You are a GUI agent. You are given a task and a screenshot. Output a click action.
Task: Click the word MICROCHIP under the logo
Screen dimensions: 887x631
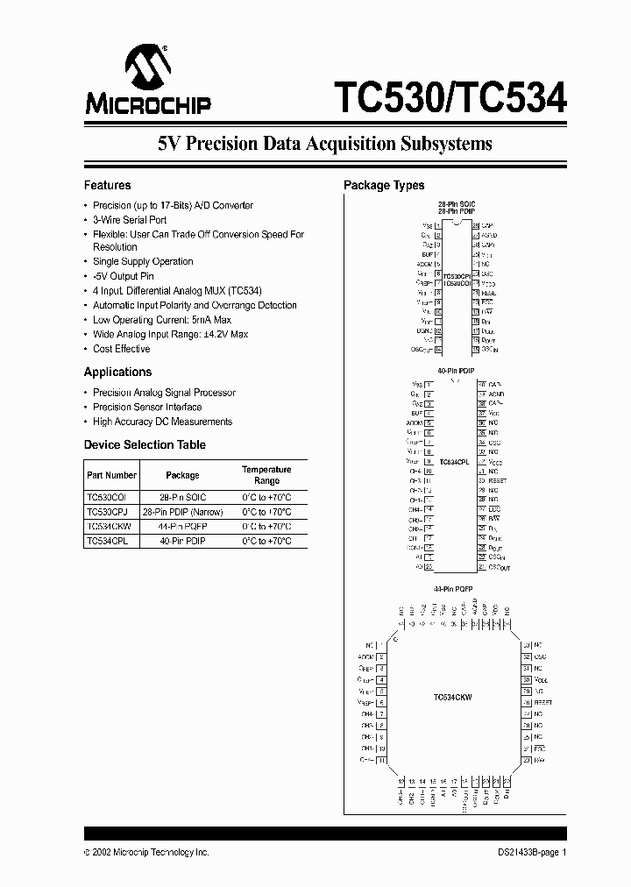tap(147, 105)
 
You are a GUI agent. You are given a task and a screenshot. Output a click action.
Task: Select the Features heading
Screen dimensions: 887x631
tap(107, 185)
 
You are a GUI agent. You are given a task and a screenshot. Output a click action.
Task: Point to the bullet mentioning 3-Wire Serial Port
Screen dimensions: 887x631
tap(130, 220)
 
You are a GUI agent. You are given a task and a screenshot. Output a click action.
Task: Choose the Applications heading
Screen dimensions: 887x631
tap(117, 372)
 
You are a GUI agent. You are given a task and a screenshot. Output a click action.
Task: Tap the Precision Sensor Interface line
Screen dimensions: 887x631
tap(147, 407)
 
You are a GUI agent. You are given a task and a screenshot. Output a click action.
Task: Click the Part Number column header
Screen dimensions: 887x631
tap(111, 475)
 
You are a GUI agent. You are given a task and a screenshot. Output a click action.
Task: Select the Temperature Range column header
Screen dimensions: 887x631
tap(266, 475)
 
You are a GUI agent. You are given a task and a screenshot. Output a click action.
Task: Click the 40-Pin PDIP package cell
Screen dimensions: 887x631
tap(182, 541)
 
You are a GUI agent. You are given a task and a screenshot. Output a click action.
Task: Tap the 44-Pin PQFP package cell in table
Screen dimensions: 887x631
tap(182, 527)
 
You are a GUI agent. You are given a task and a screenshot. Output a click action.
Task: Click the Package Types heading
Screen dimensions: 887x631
tap(384, 185)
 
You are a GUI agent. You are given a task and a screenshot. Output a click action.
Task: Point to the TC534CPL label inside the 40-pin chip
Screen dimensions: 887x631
tap(454, 462)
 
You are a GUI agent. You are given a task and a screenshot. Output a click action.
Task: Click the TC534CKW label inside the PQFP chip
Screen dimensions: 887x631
tap(453, 698)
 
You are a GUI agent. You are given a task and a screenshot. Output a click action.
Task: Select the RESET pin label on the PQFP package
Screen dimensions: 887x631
tap(543, 702)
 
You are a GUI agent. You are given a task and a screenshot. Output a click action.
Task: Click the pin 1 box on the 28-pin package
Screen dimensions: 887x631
tap(437, 225)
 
